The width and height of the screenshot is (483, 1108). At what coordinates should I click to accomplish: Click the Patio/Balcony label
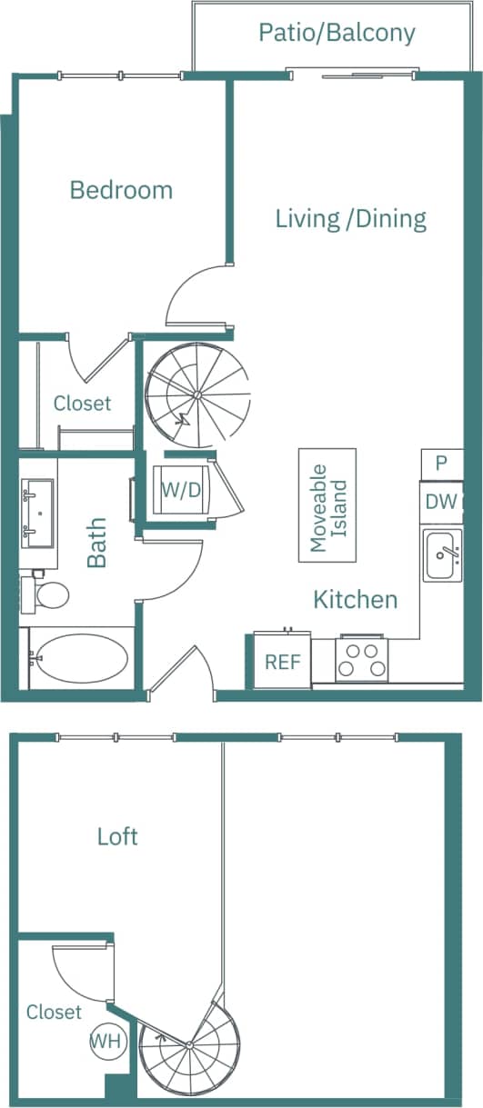(337, 34)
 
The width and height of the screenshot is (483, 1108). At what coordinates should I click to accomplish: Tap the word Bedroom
(121, 190)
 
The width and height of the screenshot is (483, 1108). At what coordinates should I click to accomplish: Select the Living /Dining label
(350, 218)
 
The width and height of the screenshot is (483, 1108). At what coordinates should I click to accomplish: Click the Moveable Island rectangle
(328, 504)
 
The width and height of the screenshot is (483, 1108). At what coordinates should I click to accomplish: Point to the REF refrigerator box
(282, 661)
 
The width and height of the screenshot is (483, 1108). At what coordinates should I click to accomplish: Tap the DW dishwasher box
(441, 502)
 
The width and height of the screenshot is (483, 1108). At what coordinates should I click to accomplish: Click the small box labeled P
(441, 463)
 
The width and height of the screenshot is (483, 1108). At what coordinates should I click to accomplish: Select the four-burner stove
(361, 661)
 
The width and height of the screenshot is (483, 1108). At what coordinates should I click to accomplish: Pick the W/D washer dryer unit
(181, 490)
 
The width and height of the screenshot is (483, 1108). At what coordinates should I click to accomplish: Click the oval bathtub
(82, 656)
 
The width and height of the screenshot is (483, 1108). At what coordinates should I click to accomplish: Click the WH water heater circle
(106, 1042)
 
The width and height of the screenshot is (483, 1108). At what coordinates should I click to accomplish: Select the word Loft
(117, 836)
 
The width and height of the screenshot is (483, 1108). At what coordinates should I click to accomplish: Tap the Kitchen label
(355, 600)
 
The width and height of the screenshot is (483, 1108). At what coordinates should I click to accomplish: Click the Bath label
(96, 543)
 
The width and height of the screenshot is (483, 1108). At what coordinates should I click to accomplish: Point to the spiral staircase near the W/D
(196, 394)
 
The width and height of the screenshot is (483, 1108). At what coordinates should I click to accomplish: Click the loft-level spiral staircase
(190, 1045)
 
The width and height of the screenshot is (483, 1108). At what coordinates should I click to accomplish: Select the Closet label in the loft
(54, 1012)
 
